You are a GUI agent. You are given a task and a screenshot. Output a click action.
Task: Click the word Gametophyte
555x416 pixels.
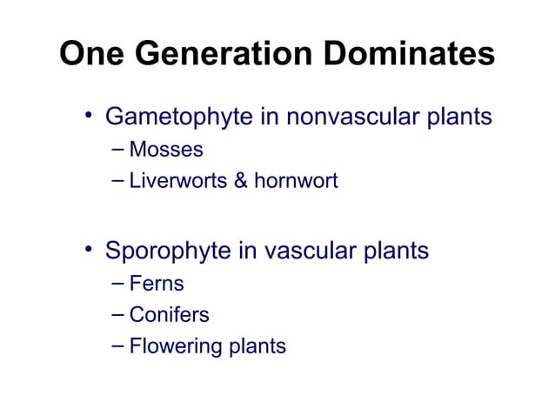[x=179, y=117]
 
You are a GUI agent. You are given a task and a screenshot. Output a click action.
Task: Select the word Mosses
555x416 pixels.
[x=165, y=151]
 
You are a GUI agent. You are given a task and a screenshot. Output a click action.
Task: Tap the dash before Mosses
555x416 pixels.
[x=119, y=151]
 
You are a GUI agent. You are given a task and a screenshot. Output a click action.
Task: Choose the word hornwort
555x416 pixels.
[x=296, y=183]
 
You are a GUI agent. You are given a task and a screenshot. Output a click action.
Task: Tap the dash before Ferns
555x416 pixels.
[x=119, y=284]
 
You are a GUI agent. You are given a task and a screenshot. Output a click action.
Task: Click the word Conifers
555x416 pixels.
[x=169, y=315]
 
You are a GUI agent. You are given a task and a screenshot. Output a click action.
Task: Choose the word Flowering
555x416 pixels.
[x=176, y=346]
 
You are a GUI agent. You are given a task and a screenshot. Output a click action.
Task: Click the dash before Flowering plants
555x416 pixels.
[x=119, y=346]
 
